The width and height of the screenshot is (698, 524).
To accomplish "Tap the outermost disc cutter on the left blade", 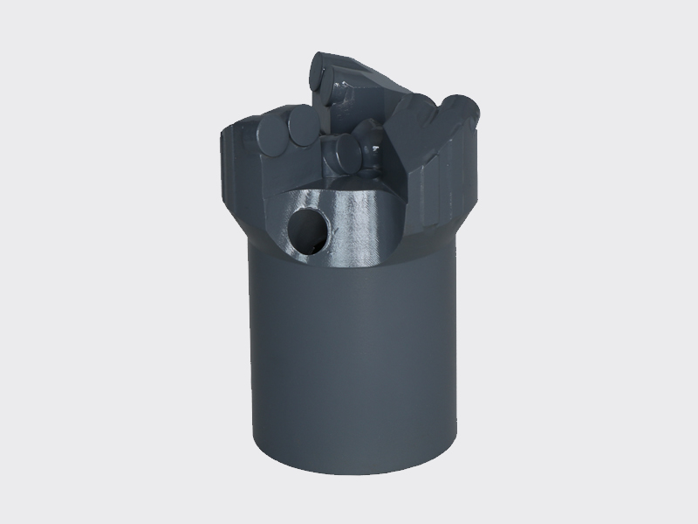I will [x=277, y=135].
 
